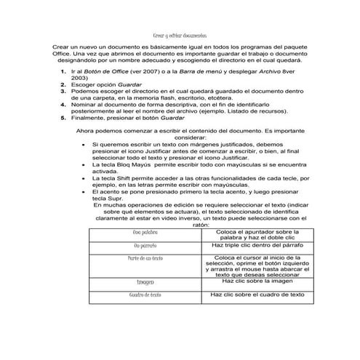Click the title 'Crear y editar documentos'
(x=179, y=36)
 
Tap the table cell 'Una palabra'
(x=145, y=233)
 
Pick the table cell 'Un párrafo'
(x=145, y=246)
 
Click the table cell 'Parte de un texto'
(x=145, y=258)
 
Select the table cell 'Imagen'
(x=145, y=281)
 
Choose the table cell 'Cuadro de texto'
(x=145, y=295)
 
